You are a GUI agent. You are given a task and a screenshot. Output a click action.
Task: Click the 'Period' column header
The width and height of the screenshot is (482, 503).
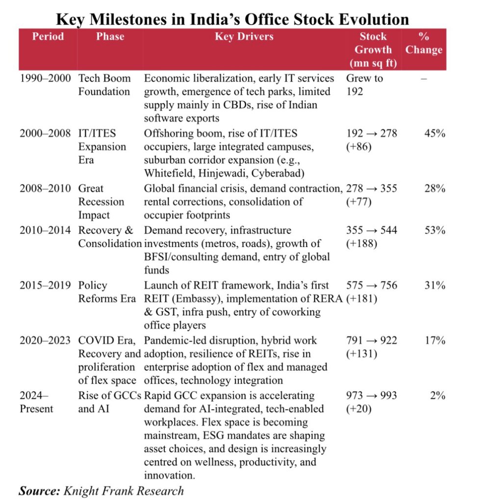[48, 36]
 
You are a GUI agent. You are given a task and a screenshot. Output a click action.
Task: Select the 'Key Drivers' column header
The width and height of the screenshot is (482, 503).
[244, 36]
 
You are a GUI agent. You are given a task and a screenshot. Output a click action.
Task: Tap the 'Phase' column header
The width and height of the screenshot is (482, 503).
[110, 36]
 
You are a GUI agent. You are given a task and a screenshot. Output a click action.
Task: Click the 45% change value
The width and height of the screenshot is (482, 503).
[435, 133]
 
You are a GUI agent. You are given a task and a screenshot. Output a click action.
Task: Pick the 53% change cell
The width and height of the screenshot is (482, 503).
[435, 230]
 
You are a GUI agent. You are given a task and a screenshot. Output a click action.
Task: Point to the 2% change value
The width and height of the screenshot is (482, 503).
[438, 395]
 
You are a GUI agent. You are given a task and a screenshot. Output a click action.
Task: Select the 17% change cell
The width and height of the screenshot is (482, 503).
[435, 340]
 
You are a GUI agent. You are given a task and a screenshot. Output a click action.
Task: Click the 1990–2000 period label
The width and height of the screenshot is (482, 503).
[45, 78]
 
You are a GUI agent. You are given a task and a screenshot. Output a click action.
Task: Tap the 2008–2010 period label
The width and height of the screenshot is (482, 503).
[45, 188]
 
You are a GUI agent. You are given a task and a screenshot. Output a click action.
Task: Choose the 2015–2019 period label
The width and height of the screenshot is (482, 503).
[45, 285]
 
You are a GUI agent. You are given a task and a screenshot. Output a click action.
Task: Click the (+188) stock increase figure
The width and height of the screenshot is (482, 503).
[361, 244]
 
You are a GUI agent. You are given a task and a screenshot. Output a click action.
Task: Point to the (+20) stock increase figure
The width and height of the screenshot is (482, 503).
[359, 409]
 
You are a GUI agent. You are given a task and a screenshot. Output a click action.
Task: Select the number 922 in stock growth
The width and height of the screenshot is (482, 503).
[388, 340]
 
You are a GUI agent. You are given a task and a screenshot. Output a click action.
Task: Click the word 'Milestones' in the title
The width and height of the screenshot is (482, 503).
[128, 19]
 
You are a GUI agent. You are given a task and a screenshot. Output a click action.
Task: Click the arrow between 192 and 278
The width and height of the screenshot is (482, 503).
[372, 134]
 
